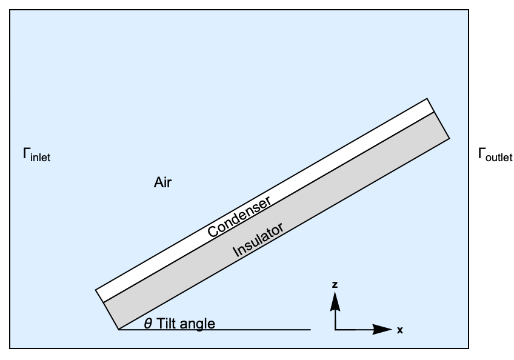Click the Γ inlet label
(x=36, y=156)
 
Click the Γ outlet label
(x=495, y=156)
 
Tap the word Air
(x=162, y=182)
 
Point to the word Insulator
(x=258, y=241)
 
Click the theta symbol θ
(x=148, y=324)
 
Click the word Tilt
(x=169, y=324)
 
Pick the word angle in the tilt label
(x=199, y=324)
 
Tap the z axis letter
(x=335, y=284)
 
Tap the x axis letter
(x=400, y=330)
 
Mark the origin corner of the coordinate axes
(x=335, y=330)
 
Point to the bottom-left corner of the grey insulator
(x=118, y=330)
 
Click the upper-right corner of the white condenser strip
(x=427, y=98)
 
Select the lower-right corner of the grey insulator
(x=450, y=139)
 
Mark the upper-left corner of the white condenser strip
(x=96, y=290)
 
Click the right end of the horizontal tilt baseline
(x=311, y=330)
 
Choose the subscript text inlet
(x=41, y=158)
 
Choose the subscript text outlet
(x=499, y=158)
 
